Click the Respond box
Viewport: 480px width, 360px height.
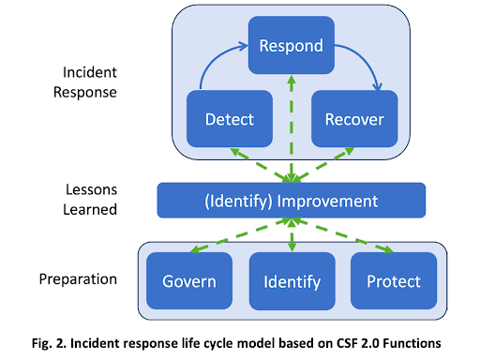pos(291,46)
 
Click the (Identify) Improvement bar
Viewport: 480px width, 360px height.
pos(291,201)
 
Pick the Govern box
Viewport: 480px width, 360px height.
pos(189,281)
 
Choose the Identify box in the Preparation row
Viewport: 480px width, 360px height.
pos(291,281)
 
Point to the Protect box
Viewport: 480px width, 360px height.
pos(392,281)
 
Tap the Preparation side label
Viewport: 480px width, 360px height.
pos(84,279)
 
